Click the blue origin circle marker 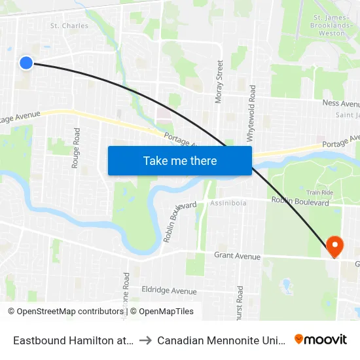26,63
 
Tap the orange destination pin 334,246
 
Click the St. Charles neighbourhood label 69,26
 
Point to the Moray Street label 220,82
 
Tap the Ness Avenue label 341,103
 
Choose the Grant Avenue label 237,257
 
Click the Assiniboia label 228,204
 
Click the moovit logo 321,339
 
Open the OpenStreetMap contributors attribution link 64,312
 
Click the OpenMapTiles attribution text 162,312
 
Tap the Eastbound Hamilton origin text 74,340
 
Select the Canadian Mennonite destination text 221,340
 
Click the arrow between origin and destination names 146,340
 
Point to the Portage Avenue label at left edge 20,117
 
